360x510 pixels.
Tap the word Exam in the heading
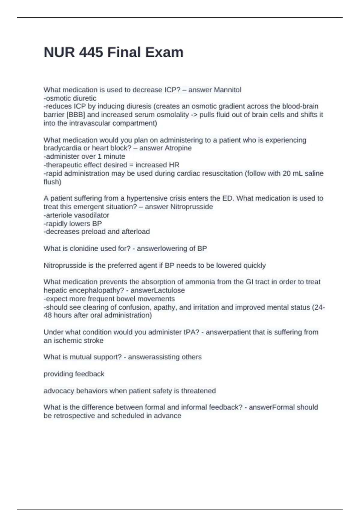click(164, 52)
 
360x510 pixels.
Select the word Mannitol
click(227, 90)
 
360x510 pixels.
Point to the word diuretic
click(84, 98)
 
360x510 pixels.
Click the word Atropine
click(178, 148)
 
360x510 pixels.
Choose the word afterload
click(136, 232)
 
